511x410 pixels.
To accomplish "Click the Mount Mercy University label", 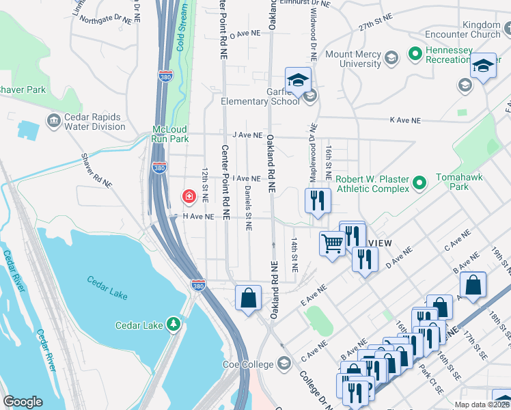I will pyautogui.click(x=353, y=59).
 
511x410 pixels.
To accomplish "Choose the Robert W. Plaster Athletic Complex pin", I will pyautogui.click(x=420, y=182).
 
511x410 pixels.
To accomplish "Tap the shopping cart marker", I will pyautogui.click(x=332, y=244).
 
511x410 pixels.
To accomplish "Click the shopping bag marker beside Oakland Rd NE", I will pyautogui.click(x=248, y=298).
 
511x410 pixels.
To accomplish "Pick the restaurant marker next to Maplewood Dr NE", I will pyautogui.click(x=318, y=200).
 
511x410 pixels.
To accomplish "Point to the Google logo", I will pyautogui.click(x=23, y=402).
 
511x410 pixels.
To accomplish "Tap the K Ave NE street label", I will pyautogui.click(x=403, y=120).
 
